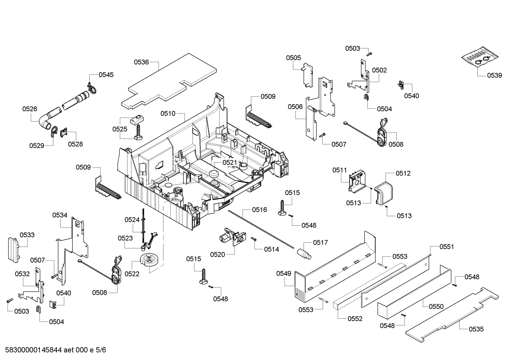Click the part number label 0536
click(x=141, y=62)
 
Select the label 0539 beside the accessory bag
click(x=494, y=75)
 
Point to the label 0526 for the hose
click(x=30, y=109)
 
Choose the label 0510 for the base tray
click(x=168, y=113)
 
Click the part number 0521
click(x=230, y=162)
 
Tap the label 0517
click(x=320, y=242)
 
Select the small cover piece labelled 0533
click(x=13, y=249)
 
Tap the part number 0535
click(x=476, y=329)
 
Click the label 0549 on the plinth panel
click(x=283, y=273)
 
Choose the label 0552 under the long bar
click(x=355, y=319)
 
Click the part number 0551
click(x=447, y=247)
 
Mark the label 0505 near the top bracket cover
click(x=293, y=58)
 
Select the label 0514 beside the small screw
click(x=271, y=249)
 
